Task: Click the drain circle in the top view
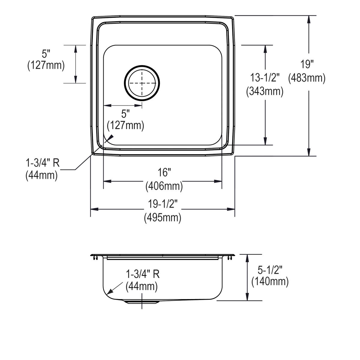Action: coord(142,83)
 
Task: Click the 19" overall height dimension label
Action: coord(307,64)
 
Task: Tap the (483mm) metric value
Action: coord(307,78)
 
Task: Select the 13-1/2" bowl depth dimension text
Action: coord(265,78)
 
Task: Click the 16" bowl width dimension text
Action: coord(164,173)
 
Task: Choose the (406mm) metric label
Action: coord(164,187)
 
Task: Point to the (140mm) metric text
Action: coord(270,281)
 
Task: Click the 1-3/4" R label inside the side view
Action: coord(142,274)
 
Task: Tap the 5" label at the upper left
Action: coord(46,54)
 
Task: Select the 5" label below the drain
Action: coord(125,114)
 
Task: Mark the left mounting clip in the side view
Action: coord(95,258)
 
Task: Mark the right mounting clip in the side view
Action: coord(230,258)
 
